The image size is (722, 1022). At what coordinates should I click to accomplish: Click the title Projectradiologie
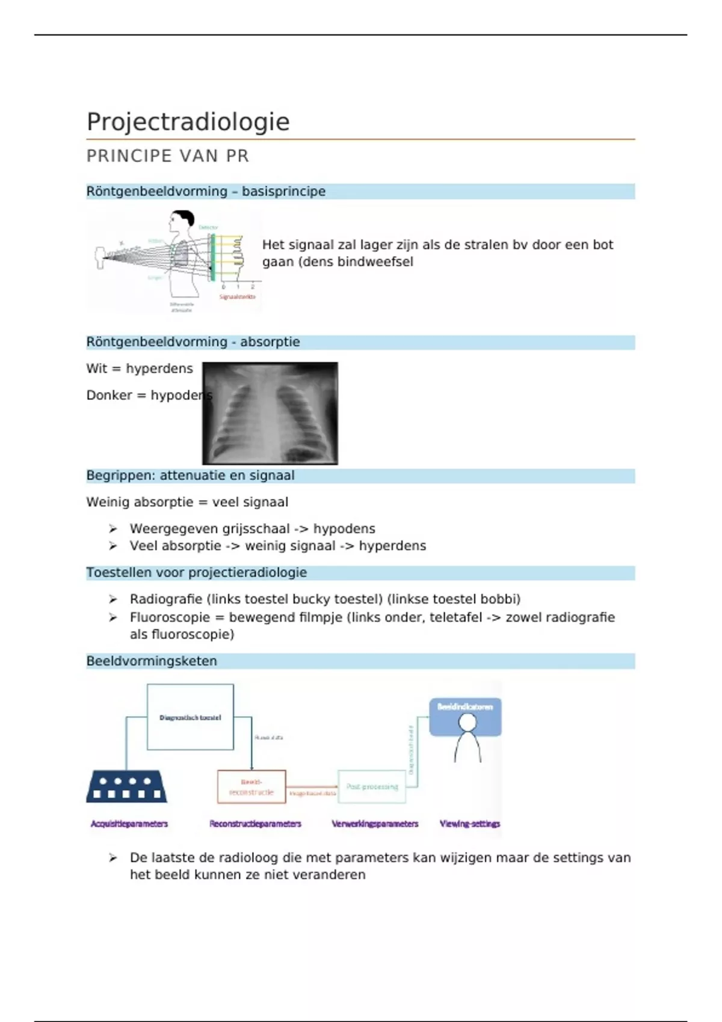click(x=188, y=122)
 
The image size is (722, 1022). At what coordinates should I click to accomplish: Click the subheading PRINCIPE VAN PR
click(x=167, y=156)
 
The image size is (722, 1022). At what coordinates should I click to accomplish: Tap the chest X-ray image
click(x=270, y=413)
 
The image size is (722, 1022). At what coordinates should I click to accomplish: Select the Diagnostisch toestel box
click(x=190, y=717)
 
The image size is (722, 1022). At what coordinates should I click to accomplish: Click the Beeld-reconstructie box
click(x=251, y=787)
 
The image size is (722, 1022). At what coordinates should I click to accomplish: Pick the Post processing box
click(x=372, y=786)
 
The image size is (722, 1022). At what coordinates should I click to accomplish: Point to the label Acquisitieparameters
click(x=129, y=824)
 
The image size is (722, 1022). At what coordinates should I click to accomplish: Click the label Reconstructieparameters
click(x=255, y=824)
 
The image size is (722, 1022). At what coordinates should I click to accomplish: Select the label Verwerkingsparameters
click(x=375, y=824)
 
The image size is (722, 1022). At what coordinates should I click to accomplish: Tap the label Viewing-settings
click(x=470, y=824)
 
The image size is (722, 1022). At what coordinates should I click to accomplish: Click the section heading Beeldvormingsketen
click(x=152, y=661)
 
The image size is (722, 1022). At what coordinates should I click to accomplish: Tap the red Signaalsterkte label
click(x=237, y=297)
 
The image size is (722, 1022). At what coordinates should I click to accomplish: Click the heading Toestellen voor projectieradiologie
click(x=196, y=573)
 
